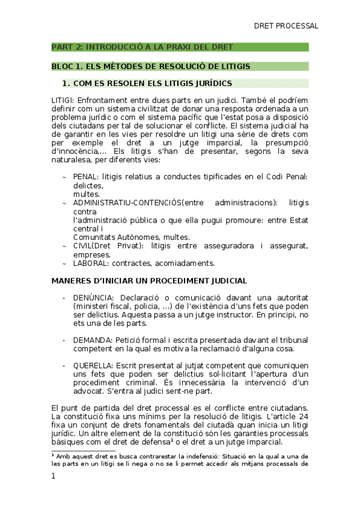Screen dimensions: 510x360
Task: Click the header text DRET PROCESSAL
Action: pos(285,26)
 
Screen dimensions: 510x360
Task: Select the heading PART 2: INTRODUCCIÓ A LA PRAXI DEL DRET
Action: pos(142,47)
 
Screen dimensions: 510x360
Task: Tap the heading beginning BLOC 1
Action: pos(150,66)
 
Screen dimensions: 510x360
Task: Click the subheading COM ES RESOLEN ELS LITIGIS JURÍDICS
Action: pos(151,83)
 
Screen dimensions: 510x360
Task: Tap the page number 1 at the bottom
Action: pos(53,476)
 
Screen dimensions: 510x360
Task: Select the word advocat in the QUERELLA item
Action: pos(89,390)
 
